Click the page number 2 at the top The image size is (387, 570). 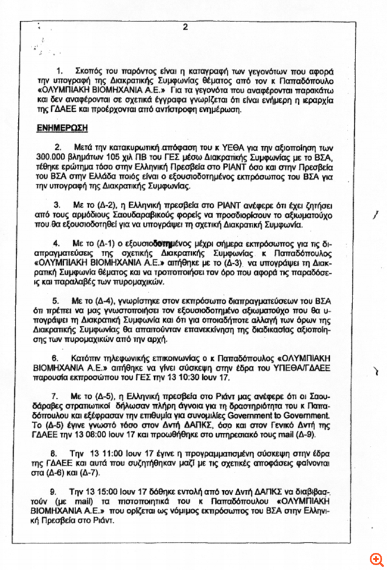point(185,27)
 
